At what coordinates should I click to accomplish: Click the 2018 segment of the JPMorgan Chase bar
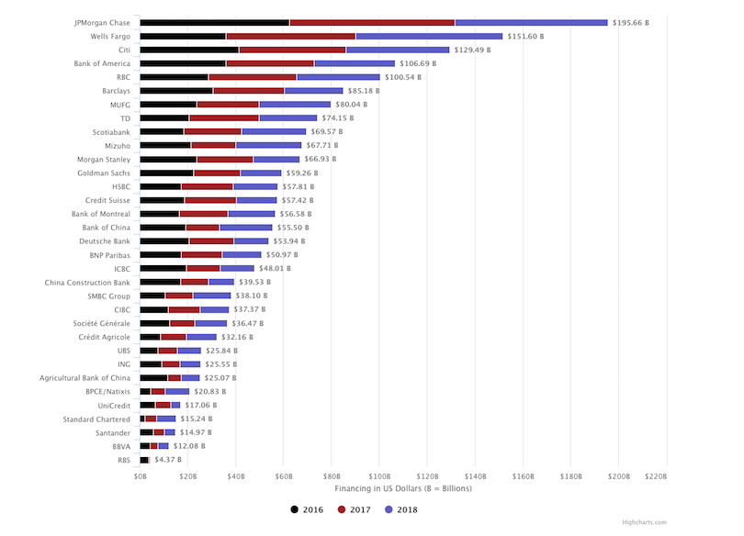531,22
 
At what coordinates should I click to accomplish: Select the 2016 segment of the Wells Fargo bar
183,36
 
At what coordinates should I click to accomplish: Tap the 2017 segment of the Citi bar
292,50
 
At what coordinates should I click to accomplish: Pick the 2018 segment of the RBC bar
338,77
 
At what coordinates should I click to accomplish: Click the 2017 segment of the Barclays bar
248,91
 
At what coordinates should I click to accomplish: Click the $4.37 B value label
167,460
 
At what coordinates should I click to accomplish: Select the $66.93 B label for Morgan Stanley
321,159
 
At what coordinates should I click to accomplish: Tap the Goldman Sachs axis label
104,173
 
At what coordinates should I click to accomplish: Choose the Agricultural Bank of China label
85,377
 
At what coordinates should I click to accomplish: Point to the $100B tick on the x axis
379,476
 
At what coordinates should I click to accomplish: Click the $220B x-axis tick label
655,476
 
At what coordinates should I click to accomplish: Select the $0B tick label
140,476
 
